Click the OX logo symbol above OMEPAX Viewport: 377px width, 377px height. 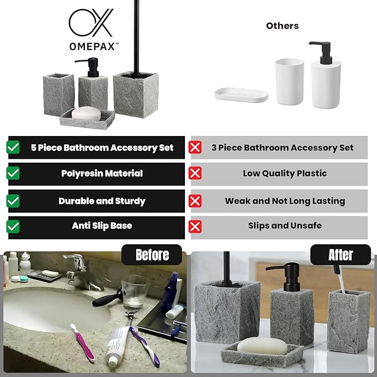click(91, 23)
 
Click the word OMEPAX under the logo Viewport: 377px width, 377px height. click(93, 47)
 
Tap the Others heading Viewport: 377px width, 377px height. click(282, 26)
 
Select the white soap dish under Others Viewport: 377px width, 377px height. click(242, 94)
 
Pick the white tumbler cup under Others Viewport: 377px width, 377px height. click(290, 82)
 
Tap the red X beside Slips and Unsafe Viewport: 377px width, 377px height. click(195, 226)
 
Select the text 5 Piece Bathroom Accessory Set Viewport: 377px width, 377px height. click(102, 148)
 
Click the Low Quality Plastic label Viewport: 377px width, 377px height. click(285, 173)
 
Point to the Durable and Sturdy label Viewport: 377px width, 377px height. click(102, 201)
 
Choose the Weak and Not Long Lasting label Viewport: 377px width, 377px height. click(285, 201)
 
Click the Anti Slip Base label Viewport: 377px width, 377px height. click(102, 226)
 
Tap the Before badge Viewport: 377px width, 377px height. click(152, 255)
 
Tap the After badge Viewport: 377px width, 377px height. click(340, 255)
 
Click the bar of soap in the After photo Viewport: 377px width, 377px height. click(262, 347)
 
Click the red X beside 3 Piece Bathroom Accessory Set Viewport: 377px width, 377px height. click(195, 148)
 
